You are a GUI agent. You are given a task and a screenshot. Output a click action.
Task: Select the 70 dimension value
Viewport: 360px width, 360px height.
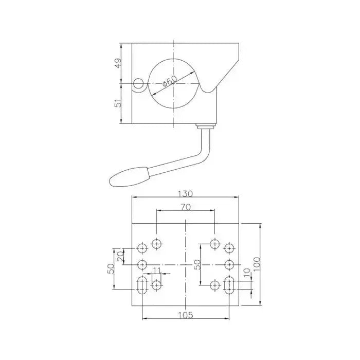pyautogui.click(x=186, y=207)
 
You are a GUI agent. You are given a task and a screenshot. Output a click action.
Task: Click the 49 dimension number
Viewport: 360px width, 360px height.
pyautogui.click(x=118, y=63)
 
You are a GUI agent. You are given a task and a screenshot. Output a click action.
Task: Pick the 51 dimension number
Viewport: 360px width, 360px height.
pyautogui.click(x=118, y=103)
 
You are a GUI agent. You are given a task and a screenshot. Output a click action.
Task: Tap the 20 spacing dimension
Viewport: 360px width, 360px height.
pyautogui.click(x=121, y=256)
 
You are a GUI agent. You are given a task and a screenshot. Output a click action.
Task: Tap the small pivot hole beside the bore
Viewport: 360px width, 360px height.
pyautogui.click(x=137, y=84)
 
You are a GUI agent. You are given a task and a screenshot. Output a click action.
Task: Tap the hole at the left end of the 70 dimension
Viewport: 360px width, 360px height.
pyautogui.click(x=156, y=243)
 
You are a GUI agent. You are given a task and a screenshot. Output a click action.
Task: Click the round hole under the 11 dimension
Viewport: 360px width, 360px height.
pyautogui.click(x=156, y=284)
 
